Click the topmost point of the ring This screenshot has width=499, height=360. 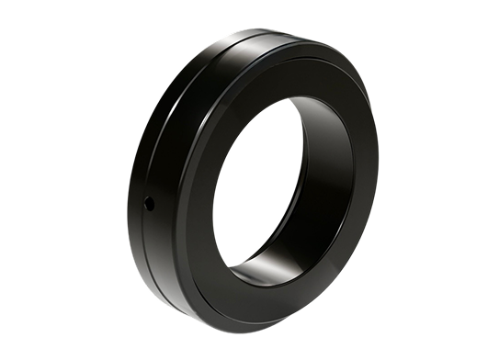(276, 29)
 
